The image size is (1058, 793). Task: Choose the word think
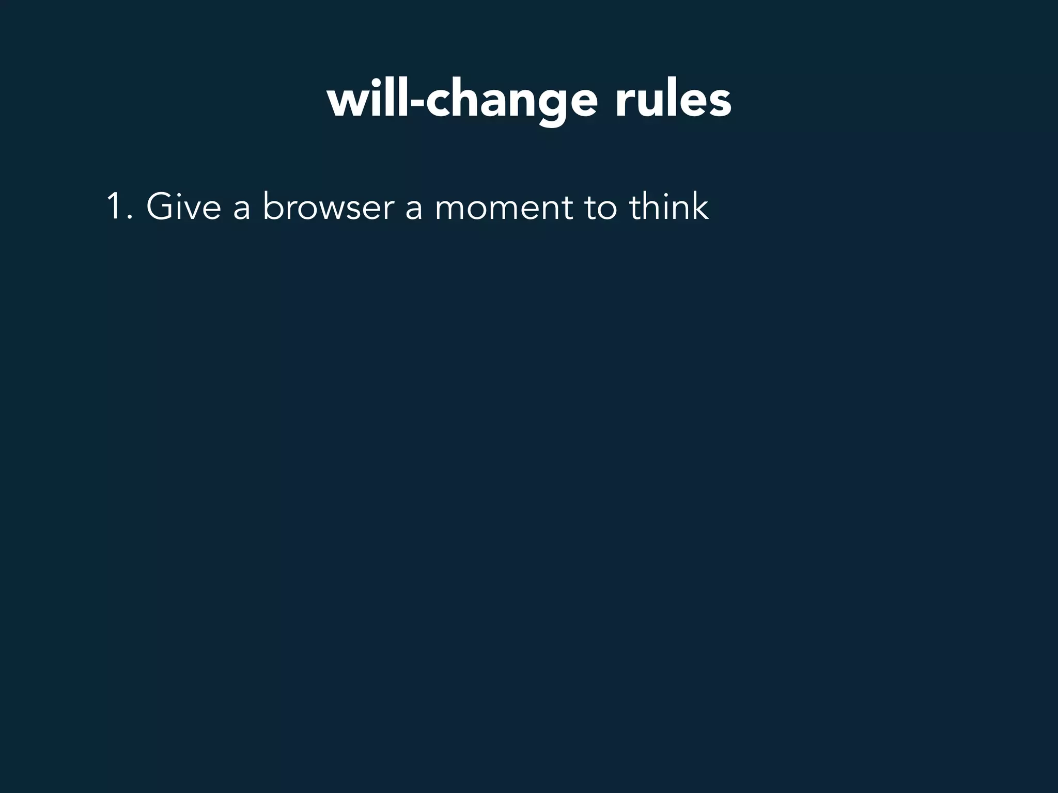click(x=668, y=207)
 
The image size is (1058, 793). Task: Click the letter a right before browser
click(x=241, y=209)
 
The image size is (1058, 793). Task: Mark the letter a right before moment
click(x=413, y=209)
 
